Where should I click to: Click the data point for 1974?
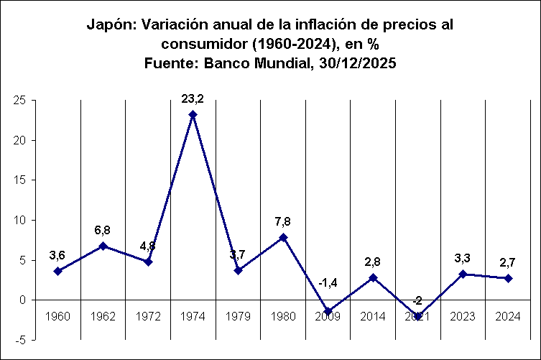pos(193,114)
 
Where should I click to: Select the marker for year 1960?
pos(57,271)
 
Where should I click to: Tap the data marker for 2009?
pos(328,311)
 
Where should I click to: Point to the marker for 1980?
pos(283,237)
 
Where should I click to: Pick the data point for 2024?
pos(508,278)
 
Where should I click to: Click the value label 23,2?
pos(193,97)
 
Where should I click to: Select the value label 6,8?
pos(103,230)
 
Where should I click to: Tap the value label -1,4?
pos(328,282)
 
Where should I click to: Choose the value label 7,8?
pos(282,221)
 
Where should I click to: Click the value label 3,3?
pos(463,257)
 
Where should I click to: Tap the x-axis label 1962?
pos(103,317)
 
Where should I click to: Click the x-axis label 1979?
pos(238,317)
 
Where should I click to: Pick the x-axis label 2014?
pos(373,317)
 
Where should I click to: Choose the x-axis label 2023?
pos(463,317)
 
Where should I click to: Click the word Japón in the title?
pos(111,24)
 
